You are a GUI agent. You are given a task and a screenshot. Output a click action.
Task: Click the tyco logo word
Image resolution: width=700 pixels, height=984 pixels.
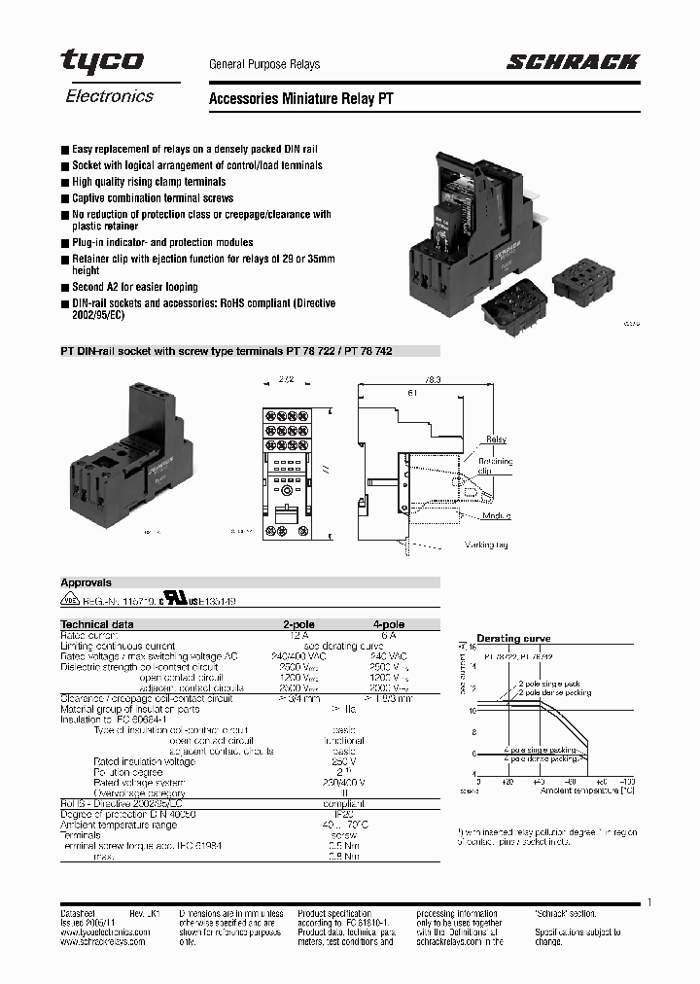pos(102,62)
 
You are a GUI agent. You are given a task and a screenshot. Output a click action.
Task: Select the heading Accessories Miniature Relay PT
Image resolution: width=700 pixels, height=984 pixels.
pos(301,99)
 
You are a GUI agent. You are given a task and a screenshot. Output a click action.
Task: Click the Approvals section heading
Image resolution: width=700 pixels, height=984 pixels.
pos(87,583)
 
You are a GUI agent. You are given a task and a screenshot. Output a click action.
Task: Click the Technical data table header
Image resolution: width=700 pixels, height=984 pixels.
pos(97,624)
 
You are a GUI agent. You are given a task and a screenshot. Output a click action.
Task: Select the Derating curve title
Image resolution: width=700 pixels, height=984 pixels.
pos(513,639)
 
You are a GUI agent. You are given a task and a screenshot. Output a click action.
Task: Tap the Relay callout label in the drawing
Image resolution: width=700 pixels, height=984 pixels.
pos(497,439)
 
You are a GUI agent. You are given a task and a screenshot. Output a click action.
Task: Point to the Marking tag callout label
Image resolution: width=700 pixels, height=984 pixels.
pos(486,545)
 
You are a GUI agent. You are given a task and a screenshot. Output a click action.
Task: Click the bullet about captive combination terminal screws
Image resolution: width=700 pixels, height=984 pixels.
pos(153,198)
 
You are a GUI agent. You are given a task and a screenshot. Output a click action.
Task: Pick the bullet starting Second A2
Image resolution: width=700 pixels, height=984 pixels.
pos(135,287)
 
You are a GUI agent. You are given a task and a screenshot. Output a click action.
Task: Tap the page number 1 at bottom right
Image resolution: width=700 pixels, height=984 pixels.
pos(648,903)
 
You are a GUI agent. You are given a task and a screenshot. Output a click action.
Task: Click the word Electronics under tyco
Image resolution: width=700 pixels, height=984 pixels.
pos(109,96)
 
